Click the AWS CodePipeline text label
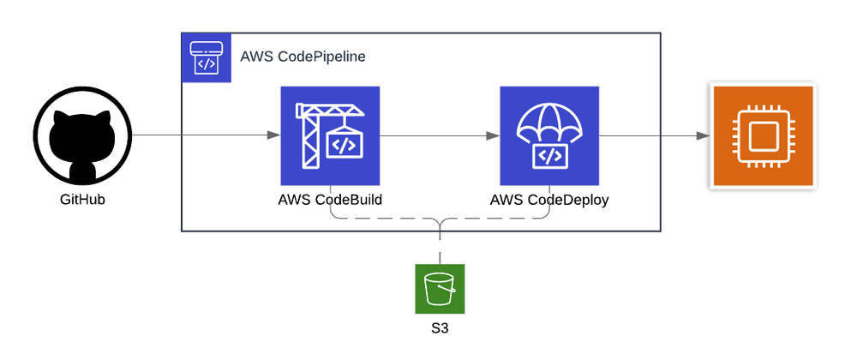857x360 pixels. click(303, 57)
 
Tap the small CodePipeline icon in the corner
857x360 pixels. click(207, 58)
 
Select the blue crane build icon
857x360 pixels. click(330, 135)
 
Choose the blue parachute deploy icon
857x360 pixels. click(548, 135)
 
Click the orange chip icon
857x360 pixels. click(763, 135)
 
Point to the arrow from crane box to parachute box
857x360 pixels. click(437, 135)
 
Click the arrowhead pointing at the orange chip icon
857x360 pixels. click(701, 135)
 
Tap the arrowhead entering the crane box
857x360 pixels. click(272, 135)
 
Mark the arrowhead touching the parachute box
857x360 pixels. click(491, 135)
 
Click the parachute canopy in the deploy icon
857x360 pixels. click(548, 122)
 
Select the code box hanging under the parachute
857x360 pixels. click(548, 156)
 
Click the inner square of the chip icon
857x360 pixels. click(763, 135)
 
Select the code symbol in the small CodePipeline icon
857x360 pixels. click(207, 64)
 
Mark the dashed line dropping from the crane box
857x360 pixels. click(330, 201)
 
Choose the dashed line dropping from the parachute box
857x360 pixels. click(548, 201)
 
